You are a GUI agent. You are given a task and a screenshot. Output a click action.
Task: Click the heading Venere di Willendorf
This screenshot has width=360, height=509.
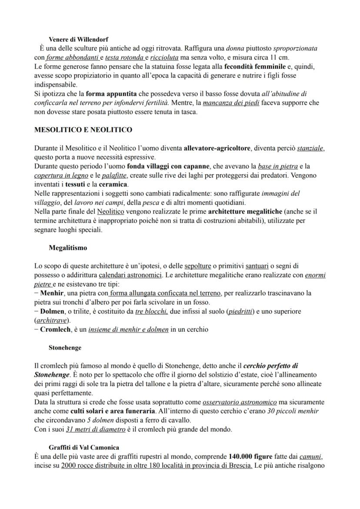click(x=78, y=40)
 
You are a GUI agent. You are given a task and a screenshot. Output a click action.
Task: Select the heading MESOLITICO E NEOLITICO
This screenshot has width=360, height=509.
click(x=83, y=130)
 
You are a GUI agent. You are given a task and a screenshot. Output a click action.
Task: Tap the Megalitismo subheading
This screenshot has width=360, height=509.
click(x=68, y=248)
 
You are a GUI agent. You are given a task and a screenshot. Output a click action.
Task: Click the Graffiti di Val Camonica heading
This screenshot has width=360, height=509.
click(x=84, y=447)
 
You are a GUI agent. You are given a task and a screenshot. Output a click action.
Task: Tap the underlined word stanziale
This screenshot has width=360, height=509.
click(x=310, y=148)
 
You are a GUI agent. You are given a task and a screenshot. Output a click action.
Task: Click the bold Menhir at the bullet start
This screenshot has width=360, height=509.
click(x=51, y=293)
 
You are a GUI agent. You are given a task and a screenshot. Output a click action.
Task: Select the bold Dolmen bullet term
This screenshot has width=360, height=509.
click(x=52, y=311)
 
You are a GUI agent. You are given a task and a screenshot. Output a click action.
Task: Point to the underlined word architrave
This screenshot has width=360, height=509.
click(x=49, y=320)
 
